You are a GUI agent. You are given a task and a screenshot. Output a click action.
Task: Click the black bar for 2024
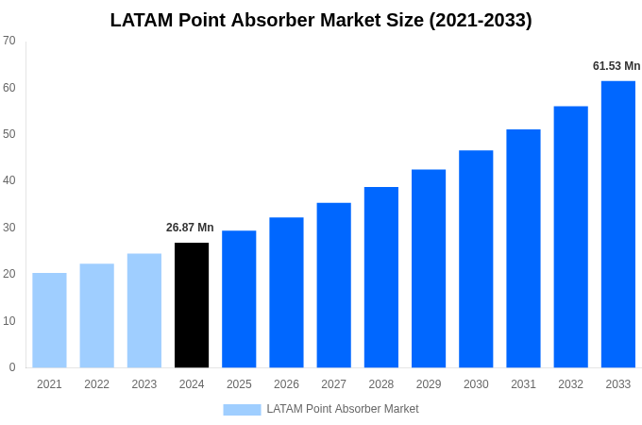[x=192, y=305]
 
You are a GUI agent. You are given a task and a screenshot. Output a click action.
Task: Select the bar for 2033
[x=618, y=224]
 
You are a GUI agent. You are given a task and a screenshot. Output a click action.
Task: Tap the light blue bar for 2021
[x=49, y=320]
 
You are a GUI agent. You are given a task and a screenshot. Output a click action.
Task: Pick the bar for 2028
[x=381, y=277]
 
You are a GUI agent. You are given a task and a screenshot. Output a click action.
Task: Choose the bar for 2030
[x=476, y=259]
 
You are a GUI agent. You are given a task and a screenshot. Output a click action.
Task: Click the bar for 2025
[x=239, y=298]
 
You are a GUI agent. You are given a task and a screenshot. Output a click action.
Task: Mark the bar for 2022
[x=96, y=315]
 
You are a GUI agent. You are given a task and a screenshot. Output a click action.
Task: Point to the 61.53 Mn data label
[x=617, y=66]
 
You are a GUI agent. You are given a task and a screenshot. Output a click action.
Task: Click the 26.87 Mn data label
[x=190, y=228]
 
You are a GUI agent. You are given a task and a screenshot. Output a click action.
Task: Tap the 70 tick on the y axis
[x=9, y=41]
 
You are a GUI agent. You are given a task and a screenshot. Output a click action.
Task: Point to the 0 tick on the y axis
[x=12, y=367]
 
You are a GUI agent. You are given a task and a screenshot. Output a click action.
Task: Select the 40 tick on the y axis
[x=9, y=180]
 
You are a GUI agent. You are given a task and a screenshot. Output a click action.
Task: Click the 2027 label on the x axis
[x=333, y=384]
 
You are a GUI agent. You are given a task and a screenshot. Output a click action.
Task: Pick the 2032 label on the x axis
[x=570, y=384]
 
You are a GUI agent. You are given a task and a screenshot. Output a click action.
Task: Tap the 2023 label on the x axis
[x=144, y=384]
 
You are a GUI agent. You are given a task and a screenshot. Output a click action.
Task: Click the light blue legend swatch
[x=242, y=410]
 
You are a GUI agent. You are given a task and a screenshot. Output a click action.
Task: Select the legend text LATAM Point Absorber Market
[x=343, y=409]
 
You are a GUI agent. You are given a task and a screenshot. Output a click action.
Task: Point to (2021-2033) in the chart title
[x=480, y=20]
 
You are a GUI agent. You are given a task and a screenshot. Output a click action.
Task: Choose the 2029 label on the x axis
[x=429, y=384]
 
